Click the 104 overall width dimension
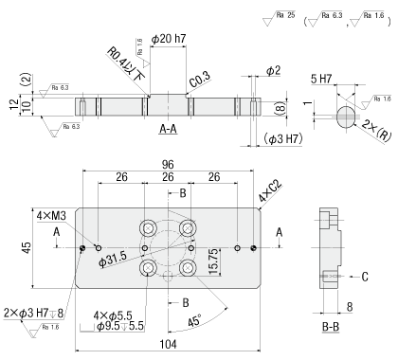pyautogui.click(x=168, y=344)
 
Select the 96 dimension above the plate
pyautogui.click(x=168, y=165)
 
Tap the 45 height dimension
pyautogui.click(x=27, y=247)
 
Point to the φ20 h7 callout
pyautogui.click(x=169, y=39)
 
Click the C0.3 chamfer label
pyautogui.click(x=200, y=80)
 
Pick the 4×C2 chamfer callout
pyautogui.click(x=270, y=191)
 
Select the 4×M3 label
pyautogui.click(x=51, y=216)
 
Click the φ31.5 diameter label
pyautogui.click(x=113, y=260)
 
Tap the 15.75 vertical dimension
pyautogui.click(x=213, y=261)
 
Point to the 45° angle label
pyautogui.click(x=194, y=321)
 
